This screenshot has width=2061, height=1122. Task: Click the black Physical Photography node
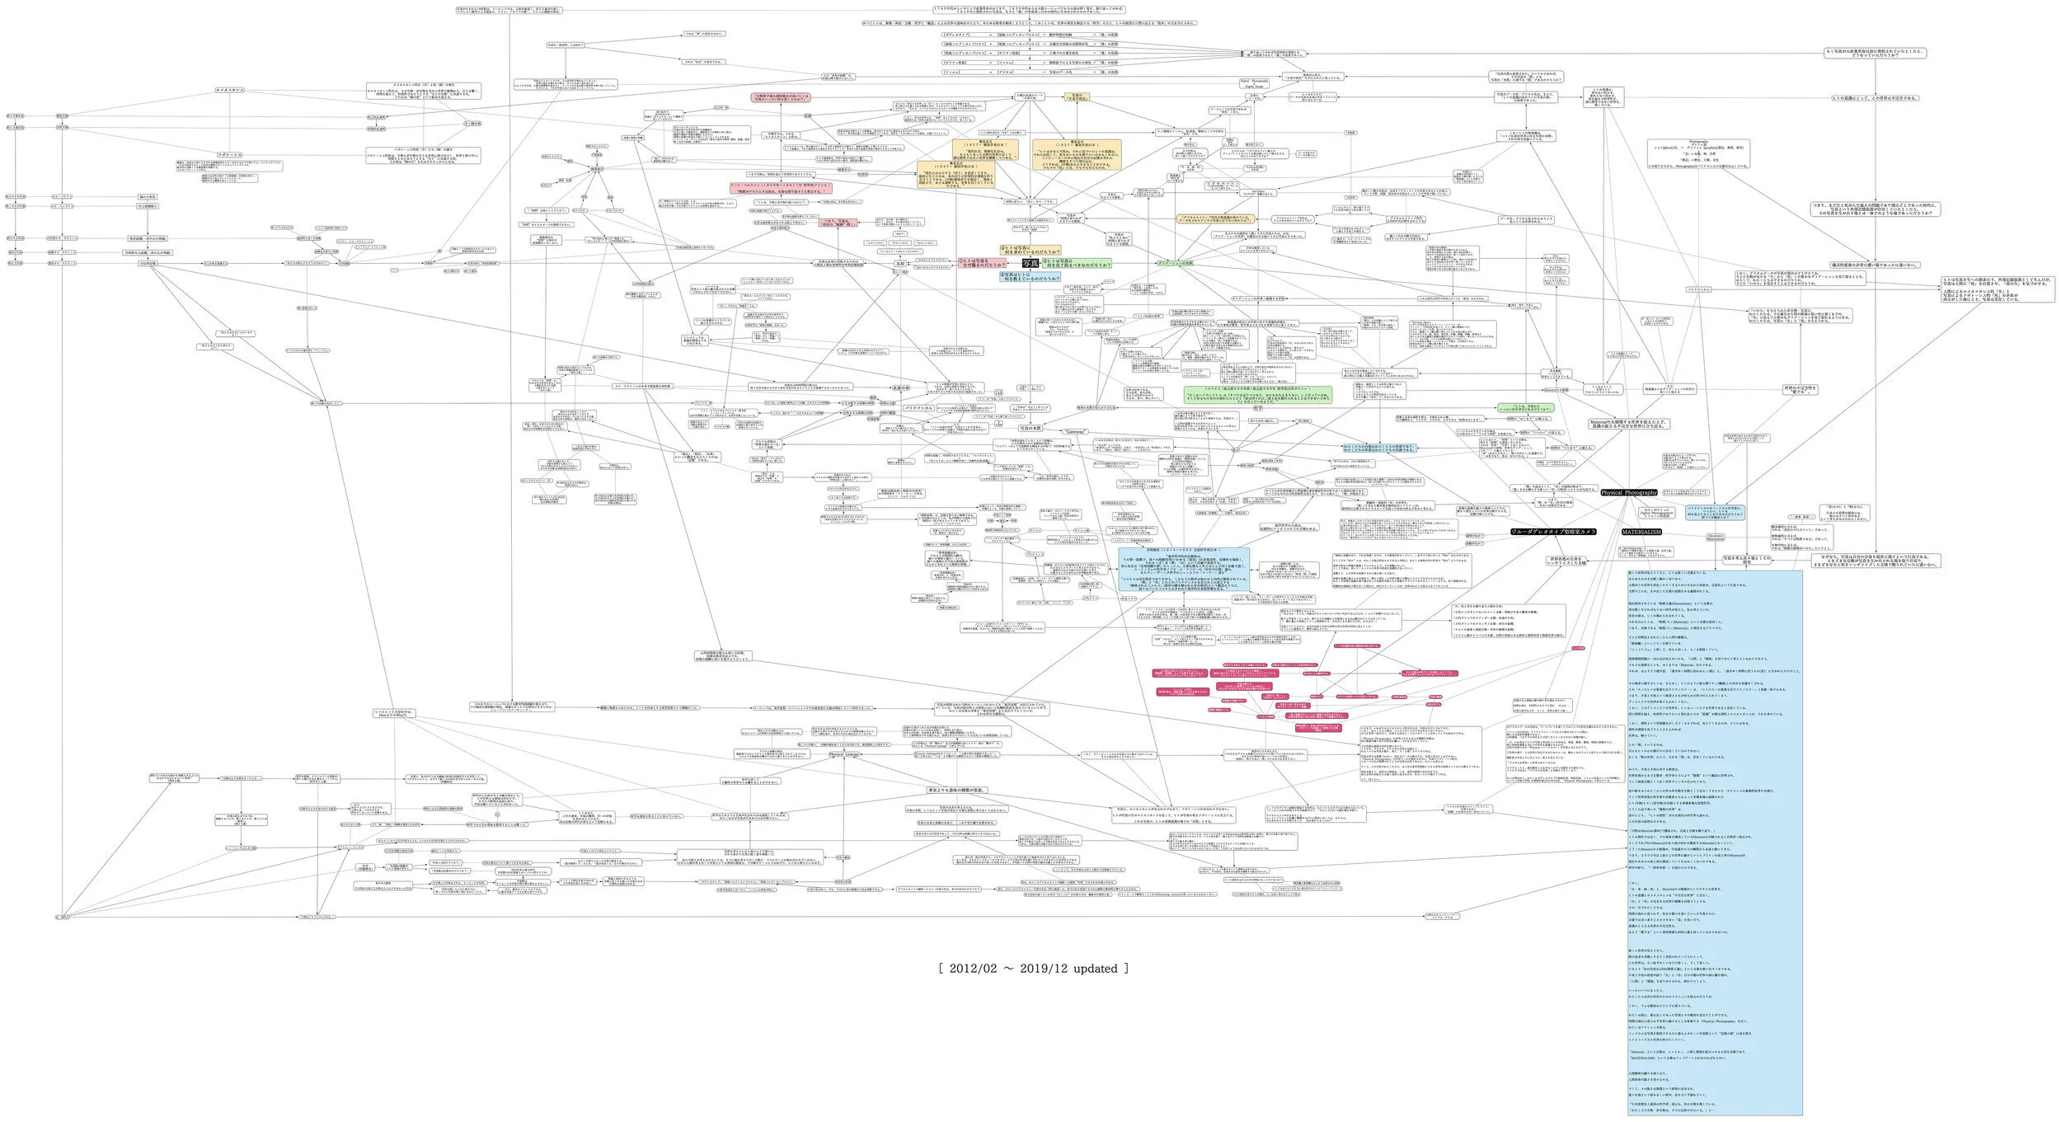(1628, 493)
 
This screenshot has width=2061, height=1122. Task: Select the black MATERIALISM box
(1641, 533)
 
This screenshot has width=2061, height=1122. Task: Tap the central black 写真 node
(1030, 263)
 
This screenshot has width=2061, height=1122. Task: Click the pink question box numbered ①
(978, 263)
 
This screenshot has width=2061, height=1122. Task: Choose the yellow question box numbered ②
(1030, 250)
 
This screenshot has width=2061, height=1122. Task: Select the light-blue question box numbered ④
(1030, 278)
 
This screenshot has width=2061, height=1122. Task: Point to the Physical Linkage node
(847, 754)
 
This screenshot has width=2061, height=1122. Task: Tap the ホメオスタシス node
(229, 90)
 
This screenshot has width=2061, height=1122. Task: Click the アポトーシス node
(229, 155)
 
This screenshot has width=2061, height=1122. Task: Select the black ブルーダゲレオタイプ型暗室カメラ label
(1553, 532)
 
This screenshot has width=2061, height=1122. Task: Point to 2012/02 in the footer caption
(976, 969)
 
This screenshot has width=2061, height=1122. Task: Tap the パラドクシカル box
(918, 408)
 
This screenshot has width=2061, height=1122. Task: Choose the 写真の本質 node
(1030, 429)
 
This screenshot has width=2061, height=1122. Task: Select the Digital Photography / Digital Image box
(1255, 83)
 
